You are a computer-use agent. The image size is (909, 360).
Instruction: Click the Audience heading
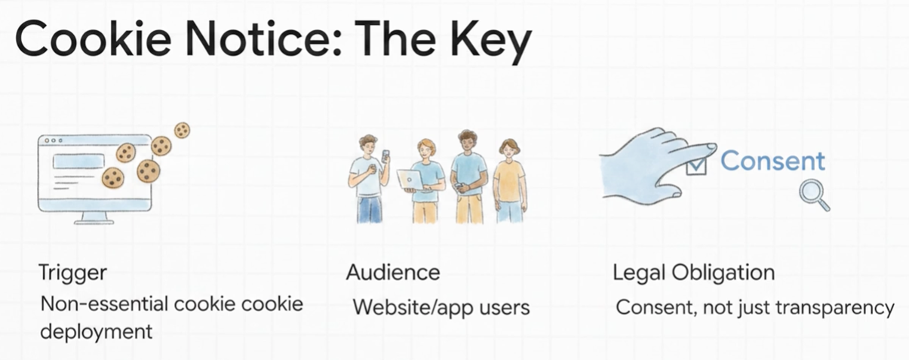pos(392,272)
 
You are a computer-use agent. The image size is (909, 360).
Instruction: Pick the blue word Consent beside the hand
pos(772,160)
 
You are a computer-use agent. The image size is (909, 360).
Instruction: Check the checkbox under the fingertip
pos(698,166)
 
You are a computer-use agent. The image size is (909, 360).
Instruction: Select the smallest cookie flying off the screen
pos(182,130)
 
